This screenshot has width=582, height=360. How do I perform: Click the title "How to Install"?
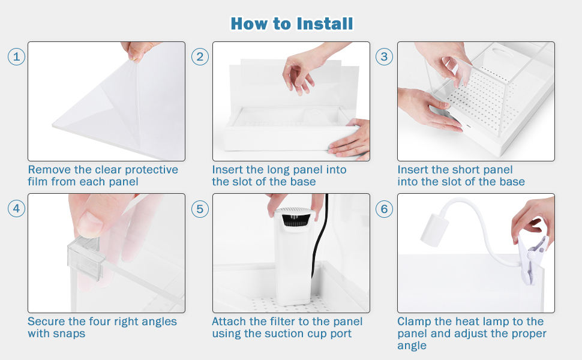coord(292,24)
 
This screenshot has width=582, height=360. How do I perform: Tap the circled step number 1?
coord(16,57)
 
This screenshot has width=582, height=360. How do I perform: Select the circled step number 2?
coord(200,57)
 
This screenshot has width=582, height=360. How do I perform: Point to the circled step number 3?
coord(384,57)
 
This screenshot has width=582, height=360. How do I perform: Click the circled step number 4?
coord(16,209)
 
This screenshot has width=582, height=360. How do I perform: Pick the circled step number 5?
coord(200,209)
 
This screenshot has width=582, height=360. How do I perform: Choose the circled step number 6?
coord(384,209)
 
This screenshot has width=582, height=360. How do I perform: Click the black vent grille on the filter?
coord(295,220)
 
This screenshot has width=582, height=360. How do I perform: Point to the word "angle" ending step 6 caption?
coord(412,346)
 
